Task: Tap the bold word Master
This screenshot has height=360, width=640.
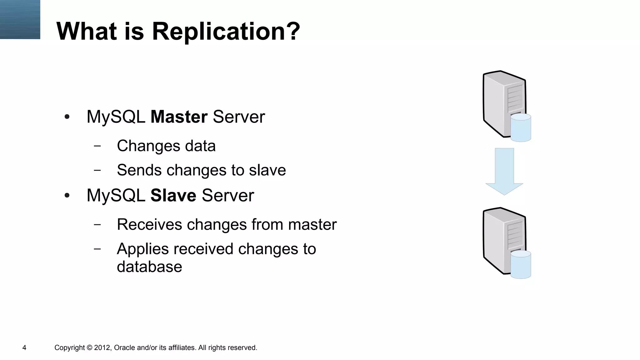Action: click(179, 117)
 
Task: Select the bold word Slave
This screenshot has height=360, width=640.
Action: click(173, 196)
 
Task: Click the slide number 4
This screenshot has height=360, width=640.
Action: click(24, 348)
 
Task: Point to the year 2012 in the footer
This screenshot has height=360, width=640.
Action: click(102, 348)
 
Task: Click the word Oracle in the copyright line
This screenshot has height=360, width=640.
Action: click(124, 348)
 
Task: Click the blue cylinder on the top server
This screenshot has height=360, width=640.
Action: click(521, 127)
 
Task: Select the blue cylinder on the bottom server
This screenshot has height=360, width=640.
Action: click(521, 264)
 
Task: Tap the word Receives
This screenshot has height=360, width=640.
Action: click(149, 225)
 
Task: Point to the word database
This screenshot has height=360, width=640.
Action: click(149, 267)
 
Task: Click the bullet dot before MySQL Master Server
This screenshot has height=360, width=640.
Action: click(67, 117)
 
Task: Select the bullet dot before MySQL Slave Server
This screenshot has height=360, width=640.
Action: click(67, 196)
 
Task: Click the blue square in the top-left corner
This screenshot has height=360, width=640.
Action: click(20, 19)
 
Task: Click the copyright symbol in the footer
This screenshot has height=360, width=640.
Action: click(89, 348)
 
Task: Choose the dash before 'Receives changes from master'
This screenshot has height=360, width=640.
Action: click(97, 224)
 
